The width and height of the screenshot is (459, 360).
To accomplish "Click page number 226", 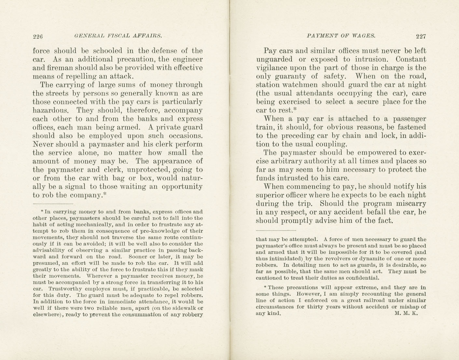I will pos(38,36).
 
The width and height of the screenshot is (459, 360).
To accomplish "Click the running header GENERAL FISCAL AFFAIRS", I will pos(118,36).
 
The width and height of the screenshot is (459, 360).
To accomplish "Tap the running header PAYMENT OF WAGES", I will pos(341,36).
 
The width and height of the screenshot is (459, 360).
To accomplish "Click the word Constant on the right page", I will pos(411,60).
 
